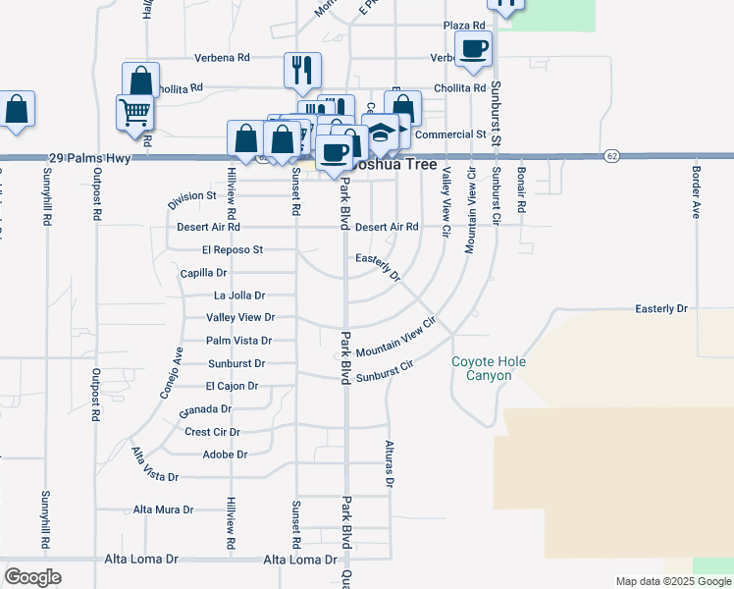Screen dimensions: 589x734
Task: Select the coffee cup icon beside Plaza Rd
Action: [473, 48]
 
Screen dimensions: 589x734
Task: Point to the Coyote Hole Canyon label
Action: [489, 369]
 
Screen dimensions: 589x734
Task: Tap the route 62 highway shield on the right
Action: [612, 156]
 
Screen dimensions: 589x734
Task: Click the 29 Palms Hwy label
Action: [89, 157]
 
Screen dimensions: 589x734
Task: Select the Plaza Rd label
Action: [464, 25]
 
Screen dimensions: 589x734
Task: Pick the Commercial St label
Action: [450, 134]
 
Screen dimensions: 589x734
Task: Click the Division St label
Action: [191, 196]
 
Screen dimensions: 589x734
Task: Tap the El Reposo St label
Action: [233, 250]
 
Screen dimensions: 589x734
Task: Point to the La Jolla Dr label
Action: [239, 295]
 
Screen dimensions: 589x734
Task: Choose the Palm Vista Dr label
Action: [238, 341]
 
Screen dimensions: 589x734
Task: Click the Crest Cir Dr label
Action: [212, 432]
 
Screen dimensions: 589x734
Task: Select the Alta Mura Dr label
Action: [164, 510]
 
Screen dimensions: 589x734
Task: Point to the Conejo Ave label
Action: [172, 373]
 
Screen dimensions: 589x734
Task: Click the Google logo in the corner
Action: [32, 577]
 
